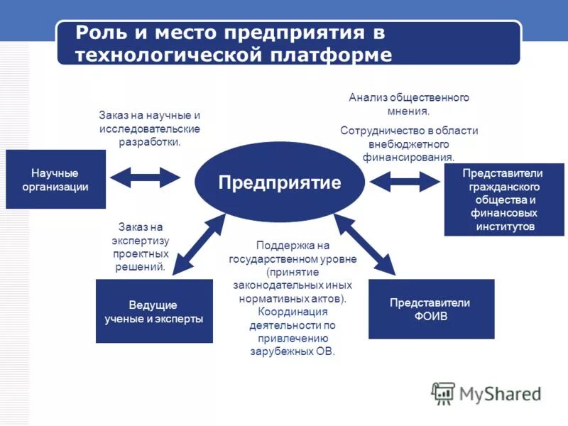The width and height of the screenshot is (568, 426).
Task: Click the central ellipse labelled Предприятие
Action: [280, 182]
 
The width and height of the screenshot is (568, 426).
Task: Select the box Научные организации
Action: [55, 179]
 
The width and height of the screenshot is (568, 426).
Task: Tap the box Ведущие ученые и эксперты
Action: [154, 311]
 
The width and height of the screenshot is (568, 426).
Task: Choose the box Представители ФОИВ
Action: [431, 309]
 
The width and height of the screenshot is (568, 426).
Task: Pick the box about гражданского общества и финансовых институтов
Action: [503, 200]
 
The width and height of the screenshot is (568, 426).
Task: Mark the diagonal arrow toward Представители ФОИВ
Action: [365, 245]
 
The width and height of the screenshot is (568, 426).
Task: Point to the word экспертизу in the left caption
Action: [141, 240]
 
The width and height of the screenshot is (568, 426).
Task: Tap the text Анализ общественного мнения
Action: [408, 104]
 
